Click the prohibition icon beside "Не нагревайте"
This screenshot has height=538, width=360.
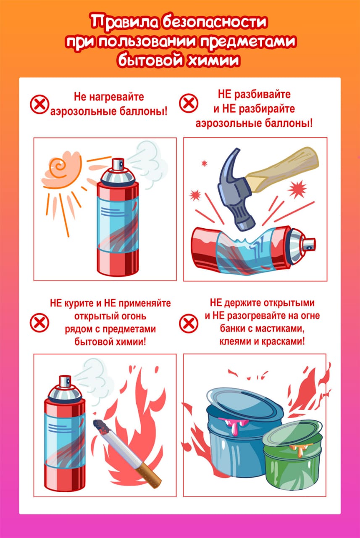39,104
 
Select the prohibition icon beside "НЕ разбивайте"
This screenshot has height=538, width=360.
189,103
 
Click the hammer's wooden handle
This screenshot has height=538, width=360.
283,169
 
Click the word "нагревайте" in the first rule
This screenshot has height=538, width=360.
116,97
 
